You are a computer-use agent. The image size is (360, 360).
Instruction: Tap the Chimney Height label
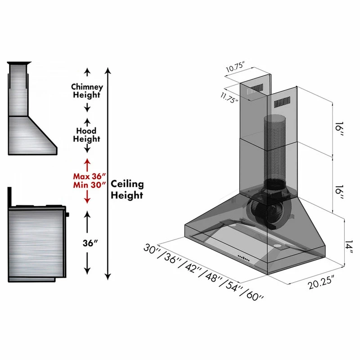point(87,90)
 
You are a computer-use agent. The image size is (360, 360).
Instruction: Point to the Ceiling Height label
point(127,189)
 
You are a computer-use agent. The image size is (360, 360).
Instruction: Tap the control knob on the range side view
point(67,215)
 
